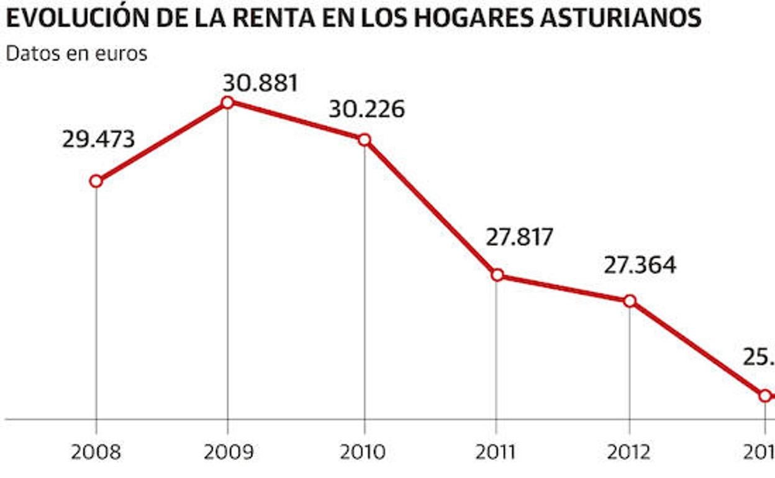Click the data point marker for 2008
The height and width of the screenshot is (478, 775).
pos(96,181)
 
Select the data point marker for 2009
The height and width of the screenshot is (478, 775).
pos(227,102)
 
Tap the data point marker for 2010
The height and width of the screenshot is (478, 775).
pos(365,140)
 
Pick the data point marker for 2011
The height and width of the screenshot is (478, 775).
pos(497,275)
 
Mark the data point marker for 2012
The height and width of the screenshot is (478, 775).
pos(630,300)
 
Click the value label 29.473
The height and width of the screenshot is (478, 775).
pos(98,139)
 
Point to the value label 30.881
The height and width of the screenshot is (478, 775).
pos(261,83)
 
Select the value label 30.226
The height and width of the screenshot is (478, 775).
pos(366,109)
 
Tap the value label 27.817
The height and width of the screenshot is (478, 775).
pos(519,237)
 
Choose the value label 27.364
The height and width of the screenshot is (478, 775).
pos(640,265)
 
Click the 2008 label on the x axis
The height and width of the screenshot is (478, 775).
pos(96,451)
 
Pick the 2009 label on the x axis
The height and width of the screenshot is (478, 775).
pos(229,451)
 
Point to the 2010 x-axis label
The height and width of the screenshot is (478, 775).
pos(363,451)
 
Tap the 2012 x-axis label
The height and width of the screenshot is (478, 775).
pos(629,451)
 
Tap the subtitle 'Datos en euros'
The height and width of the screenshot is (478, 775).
pos(76,53)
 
